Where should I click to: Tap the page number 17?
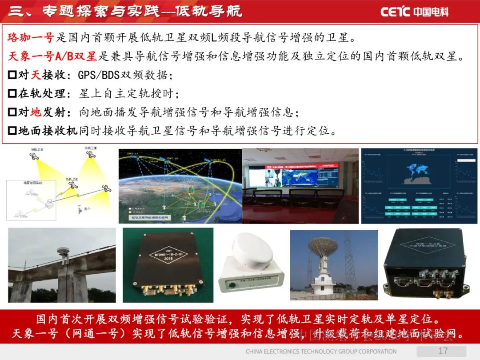pyautogui.click(x=443, y=351)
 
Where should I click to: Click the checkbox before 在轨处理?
pyautogui.click(x=12, y=94)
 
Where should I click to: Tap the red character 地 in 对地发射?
pyautogui.click(x=36, y=112)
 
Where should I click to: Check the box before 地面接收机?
pyautogui.click(x=12, y=131)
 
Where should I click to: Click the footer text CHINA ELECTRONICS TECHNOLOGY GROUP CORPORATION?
pyautogui.click(x=321, y=352)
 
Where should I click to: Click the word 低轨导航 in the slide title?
pyautogui.click(x=208, y=11)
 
